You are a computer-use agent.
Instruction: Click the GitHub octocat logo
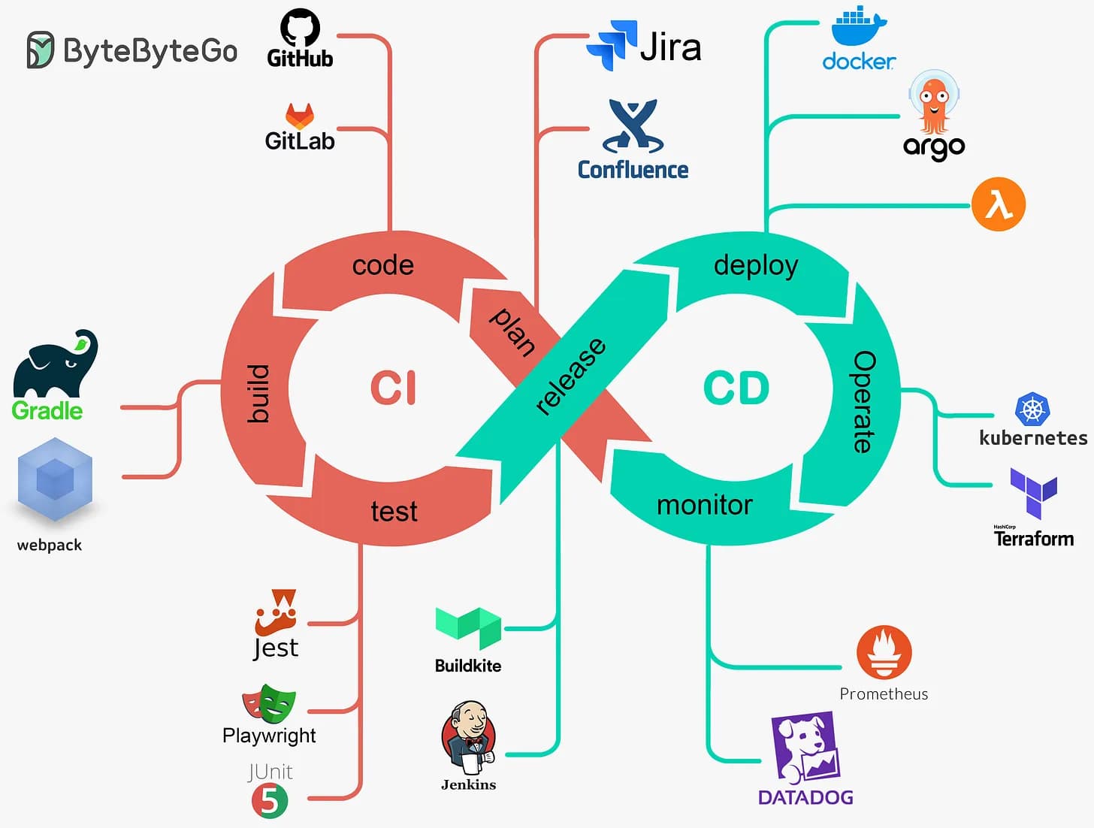coord(300,29)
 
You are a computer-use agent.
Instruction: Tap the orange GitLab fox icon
coord(299,116)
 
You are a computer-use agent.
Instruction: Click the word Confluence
coord(633,170)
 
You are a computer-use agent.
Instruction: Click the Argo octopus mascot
coord(934,101)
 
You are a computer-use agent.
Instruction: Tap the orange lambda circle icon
coord(998,204)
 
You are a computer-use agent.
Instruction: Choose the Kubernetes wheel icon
coord(1032,410)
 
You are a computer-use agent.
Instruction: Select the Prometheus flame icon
coord(884,652)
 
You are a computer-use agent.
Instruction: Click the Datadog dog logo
coord(805,748)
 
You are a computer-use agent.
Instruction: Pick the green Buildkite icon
coord(468,627)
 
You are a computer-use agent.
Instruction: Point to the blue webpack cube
coord(55,480)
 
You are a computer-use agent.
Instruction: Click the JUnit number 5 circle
coord(270,801)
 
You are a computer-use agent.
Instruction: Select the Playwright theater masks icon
coord(268,704)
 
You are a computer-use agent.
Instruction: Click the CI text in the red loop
coord(393,388)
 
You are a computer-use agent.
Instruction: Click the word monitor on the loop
coord(704,505)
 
